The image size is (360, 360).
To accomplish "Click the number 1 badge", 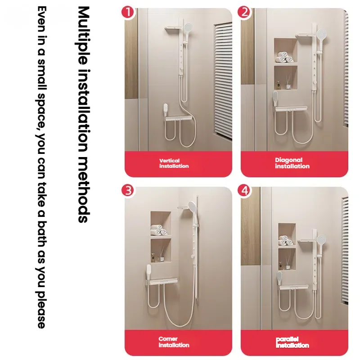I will (x=129, y=12).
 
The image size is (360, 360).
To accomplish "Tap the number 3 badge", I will (x=129, y=190).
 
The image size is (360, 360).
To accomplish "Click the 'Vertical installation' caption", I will (x=174, y=163).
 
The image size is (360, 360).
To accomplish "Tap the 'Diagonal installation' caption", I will (x=292, y=163).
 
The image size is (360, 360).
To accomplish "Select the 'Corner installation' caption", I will (x=174, y=342).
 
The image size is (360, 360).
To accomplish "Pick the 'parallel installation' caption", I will (x=292, y=342).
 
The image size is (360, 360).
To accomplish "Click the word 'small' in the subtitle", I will (x=41, y=87).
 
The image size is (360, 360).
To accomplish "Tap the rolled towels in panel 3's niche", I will (x=161, y=230).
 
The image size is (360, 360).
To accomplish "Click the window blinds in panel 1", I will (x=223, y=81).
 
